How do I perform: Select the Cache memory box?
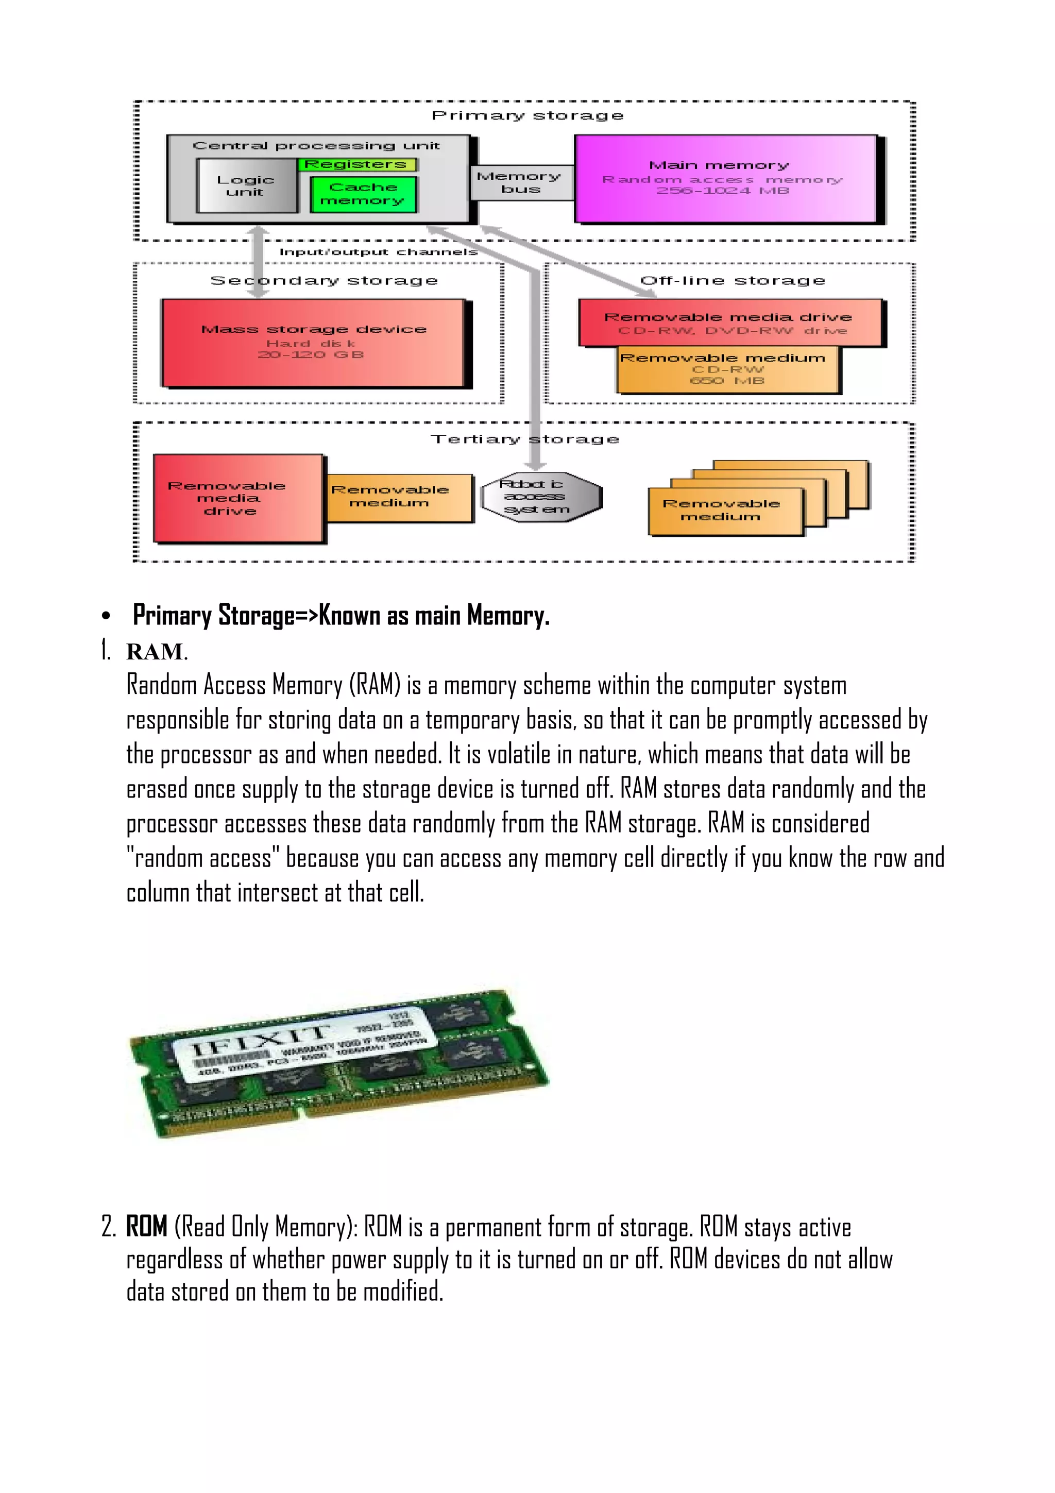(363, 194)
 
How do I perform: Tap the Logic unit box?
(246, 186)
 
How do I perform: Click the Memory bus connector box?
(519, 183)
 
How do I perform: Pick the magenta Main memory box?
(724, 179)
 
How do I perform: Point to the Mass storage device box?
(313, 342)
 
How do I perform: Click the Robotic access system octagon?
(540, 497)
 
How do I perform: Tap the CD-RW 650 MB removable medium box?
(727, 370)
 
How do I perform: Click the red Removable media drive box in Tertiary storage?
(238, 498)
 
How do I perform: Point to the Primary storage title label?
(527, 116)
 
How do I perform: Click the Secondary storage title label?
(324, 281)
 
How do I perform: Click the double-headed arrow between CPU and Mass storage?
(258, 261)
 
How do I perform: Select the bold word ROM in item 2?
(147, 1226)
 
